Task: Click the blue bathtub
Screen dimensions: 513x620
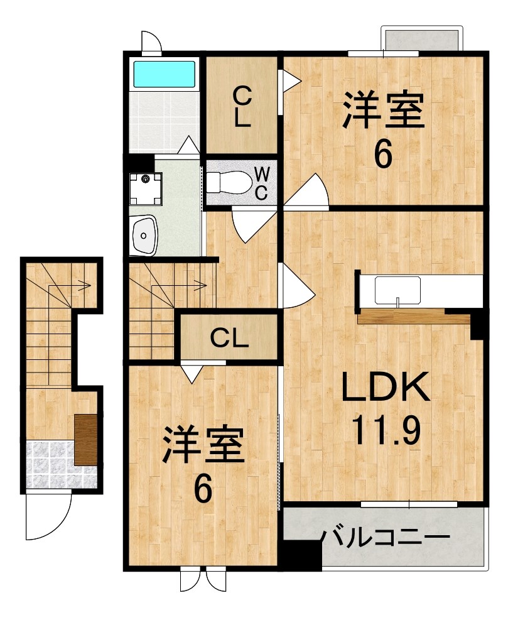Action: (x=165, y=74)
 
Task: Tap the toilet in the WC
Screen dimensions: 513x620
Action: (x=229, y=182)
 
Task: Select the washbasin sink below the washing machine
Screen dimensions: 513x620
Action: (x=144, y=236)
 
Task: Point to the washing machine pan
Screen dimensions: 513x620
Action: (x=146, y=188)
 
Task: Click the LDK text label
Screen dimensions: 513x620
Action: (x=386, y=387)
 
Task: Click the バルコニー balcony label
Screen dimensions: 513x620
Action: (x=385, y=538)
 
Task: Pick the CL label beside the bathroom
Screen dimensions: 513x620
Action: (x=242, y=106)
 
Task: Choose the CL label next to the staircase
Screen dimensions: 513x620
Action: (x=229, y=338)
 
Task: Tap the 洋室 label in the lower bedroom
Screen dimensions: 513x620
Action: (x=203, y=444)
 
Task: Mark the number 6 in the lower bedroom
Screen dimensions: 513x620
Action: (x=203, y=489)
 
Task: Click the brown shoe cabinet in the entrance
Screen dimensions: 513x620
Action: (x=86, y=440)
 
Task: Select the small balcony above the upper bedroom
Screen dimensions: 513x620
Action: (x=422, y=39)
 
